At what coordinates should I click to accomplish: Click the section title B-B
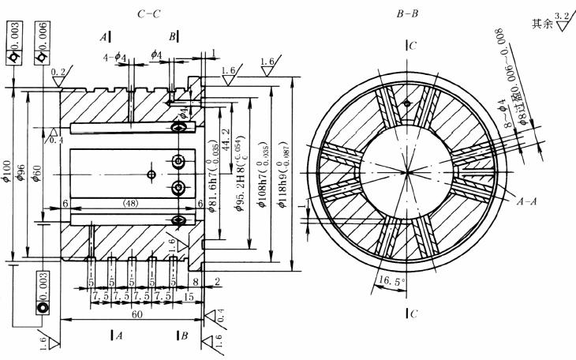coord(408,14)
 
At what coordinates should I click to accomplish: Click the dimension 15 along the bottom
coord(189,297)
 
